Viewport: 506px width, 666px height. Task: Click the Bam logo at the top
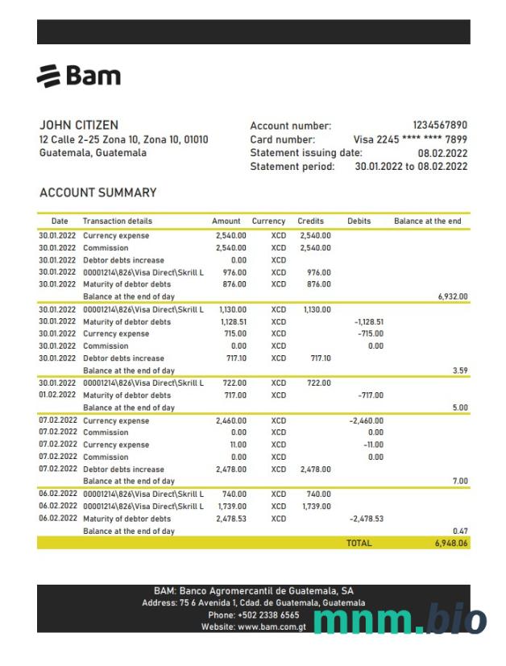click(79, 76)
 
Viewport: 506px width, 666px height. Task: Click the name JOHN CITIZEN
click(79, 126)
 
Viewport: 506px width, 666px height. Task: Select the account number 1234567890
click(439, 126)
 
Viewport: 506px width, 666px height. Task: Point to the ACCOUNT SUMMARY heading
click(97, 193)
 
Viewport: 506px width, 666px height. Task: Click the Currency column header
click(268, 221)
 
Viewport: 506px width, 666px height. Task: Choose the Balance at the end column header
click(428, 221)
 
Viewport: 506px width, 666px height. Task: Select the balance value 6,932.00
click(452, 296)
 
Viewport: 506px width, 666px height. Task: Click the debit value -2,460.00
click(366, 420)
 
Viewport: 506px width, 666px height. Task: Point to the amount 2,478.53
click(232, 519)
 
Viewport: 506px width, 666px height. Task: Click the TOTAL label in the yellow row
click(359, 544)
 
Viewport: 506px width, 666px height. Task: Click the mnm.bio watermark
click(399, 620)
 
